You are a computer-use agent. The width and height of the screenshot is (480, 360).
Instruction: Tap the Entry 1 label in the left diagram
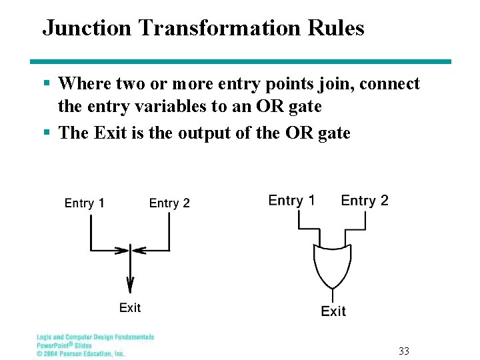coord(84,203)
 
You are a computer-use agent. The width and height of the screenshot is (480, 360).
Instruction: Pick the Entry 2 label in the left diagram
coord(169,203)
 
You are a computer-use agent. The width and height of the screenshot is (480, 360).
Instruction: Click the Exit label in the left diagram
coord(130,307)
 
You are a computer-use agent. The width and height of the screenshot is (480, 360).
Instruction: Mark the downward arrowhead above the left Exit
coord(130,281)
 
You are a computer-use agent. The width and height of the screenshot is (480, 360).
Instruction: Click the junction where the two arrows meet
coord(130,251)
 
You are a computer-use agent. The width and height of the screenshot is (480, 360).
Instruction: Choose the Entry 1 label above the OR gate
coord(291,200)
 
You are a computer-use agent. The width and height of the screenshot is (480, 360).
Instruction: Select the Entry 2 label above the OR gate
coord(365,200)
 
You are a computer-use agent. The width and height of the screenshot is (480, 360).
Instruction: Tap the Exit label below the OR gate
coord(333,311)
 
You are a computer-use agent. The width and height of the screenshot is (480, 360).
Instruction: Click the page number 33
coord(404,351)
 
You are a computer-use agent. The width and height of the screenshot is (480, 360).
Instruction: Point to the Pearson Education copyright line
coord(81,353)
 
